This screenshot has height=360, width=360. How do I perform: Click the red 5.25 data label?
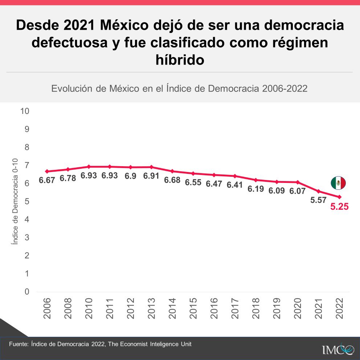(339, 207)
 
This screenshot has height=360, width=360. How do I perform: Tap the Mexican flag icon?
(338, 183)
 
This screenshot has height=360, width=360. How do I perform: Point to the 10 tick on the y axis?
(25, 111)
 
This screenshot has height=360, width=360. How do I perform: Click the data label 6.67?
(47, 180)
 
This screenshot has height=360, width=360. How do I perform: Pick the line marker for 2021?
(319, 191)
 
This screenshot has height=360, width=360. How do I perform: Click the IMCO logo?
(337, 349)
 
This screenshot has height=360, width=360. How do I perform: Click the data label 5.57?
(318, 200)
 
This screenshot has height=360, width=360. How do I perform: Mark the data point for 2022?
(339, 197)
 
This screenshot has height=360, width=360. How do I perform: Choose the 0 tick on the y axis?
(26, 292)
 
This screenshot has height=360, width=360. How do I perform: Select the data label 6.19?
(256, 189)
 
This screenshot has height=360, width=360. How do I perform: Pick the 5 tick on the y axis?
(26, 201)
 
